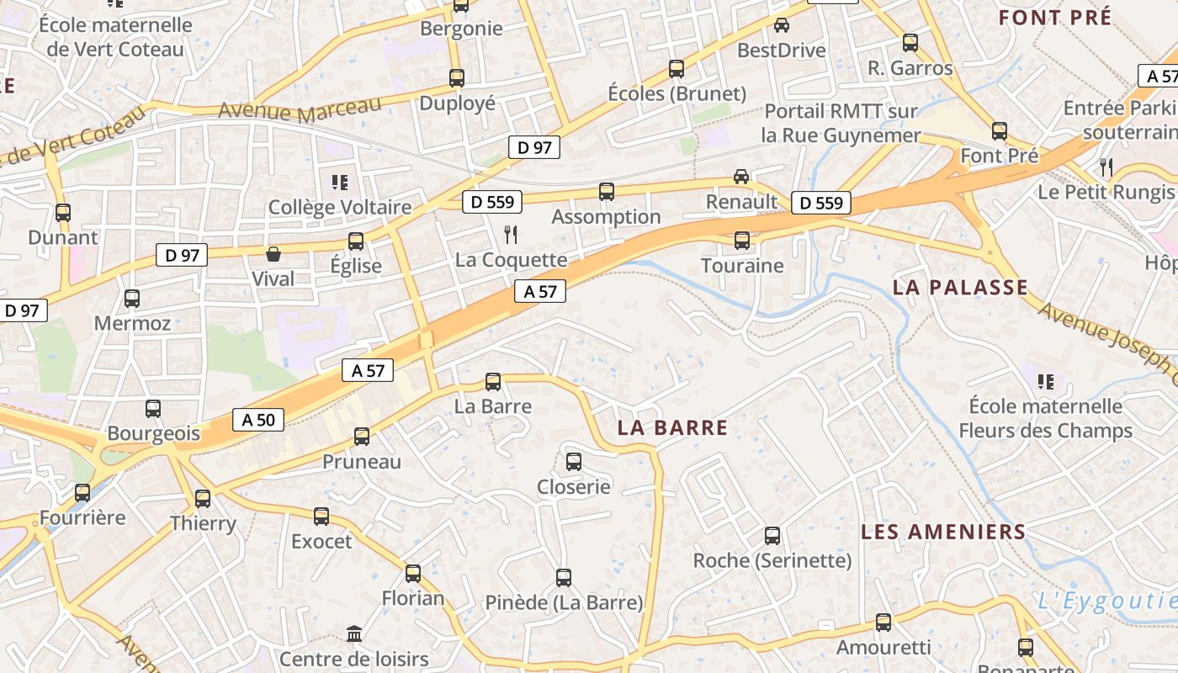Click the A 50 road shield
point(258,420)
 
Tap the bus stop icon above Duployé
point(456,78)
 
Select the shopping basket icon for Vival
point(273,254)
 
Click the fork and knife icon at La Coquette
point(511,234)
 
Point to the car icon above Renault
point(740,176)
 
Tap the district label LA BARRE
point(672,427)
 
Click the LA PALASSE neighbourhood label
point(960,288)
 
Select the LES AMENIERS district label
point(943,532)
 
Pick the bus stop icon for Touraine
point(741,241)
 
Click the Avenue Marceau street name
point(300,109)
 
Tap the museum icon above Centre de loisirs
point(354,633)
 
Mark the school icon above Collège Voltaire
point(340,182)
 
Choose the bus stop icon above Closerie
point(573,461)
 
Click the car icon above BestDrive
point(781,25)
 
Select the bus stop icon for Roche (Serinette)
point(772,535)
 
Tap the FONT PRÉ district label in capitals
point(1054,17)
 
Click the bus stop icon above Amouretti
point(883,623)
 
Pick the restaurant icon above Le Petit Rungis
point(1106,167)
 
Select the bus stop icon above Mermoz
point(132,298)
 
